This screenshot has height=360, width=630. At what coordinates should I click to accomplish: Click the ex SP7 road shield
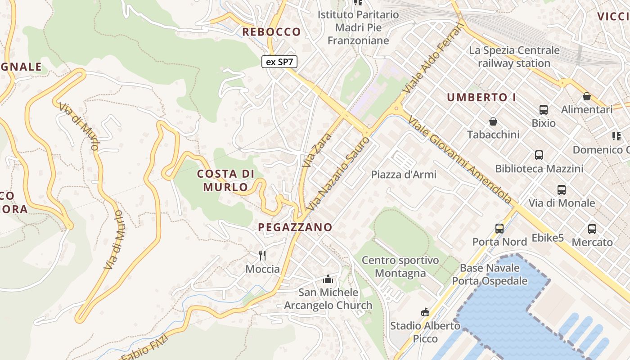point(279,62)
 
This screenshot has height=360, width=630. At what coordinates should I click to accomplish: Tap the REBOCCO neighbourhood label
point(271,32)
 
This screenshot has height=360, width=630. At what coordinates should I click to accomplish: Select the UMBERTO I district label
point(481,97)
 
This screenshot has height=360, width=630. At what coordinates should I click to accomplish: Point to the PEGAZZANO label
point(295,227)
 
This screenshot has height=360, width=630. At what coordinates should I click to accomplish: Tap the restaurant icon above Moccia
point(263,256)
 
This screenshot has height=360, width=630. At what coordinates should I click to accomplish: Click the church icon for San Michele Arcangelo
point(328,279)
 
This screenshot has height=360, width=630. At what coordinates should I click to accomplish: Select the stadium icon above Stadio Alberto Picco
point(425,312)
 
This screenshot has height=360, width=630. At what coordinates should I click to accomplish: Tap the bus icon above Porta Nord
point(499,228)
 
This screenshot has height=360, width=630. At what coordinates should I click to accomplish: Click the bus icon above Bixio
point(544,109)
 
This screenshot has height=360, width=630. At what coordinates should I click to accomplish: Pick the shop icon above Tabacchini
point(493,121)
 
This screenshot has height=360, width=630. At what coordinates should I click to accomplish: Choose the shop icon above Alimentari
point(587,96)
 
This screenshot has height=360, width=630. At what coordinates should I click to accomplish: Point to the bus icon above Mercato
point(592,229)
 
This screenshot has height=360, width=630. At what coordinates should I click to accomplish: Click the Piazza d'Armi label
point(404,175)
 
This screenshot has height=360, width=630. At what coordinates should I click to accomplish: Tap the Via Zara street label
point(317,150)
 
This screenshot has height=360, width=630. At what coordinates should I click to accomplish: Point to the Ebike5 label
point(548,238)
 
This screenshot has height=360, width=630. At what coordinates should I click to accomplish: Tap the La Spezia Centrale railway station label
point(514,57)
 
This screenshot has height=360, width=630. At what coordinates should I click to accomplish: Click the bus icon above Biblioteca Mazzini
point(539,155)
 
